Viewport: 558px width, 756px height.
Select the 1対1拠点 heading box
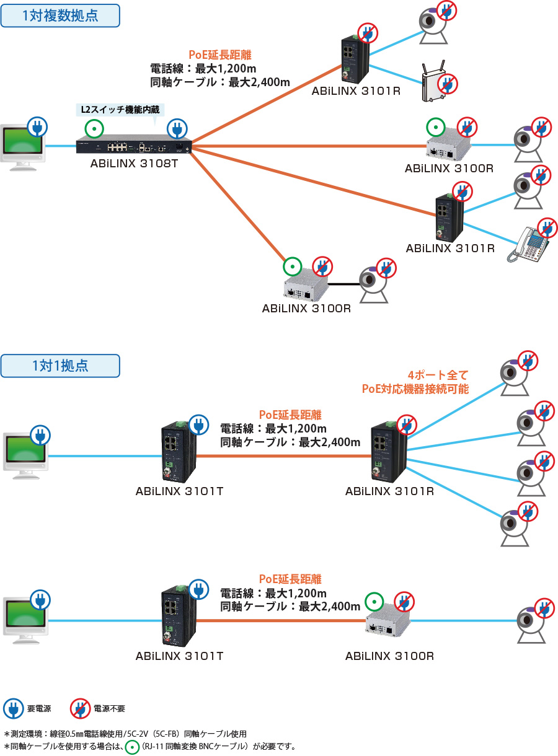(x=60, y=366)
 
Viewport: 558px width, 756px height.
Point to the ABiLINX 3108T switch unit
(x=133, y=147)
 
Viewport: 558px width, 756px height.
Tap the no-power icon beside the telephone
(x=547, y=229)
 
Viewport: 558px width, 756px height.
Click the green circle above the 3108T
(x=94, y=130)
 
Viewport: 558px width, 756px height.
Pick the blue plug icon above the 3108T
(x=177, y=130)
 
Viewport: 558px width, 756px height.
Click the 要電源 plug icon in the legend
(x=13, y=708)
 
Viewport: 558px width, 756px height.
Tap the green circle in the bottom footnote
(x=132, y=746)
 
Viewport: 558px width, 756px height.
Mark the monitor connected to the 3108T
(x=24, y=147)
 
